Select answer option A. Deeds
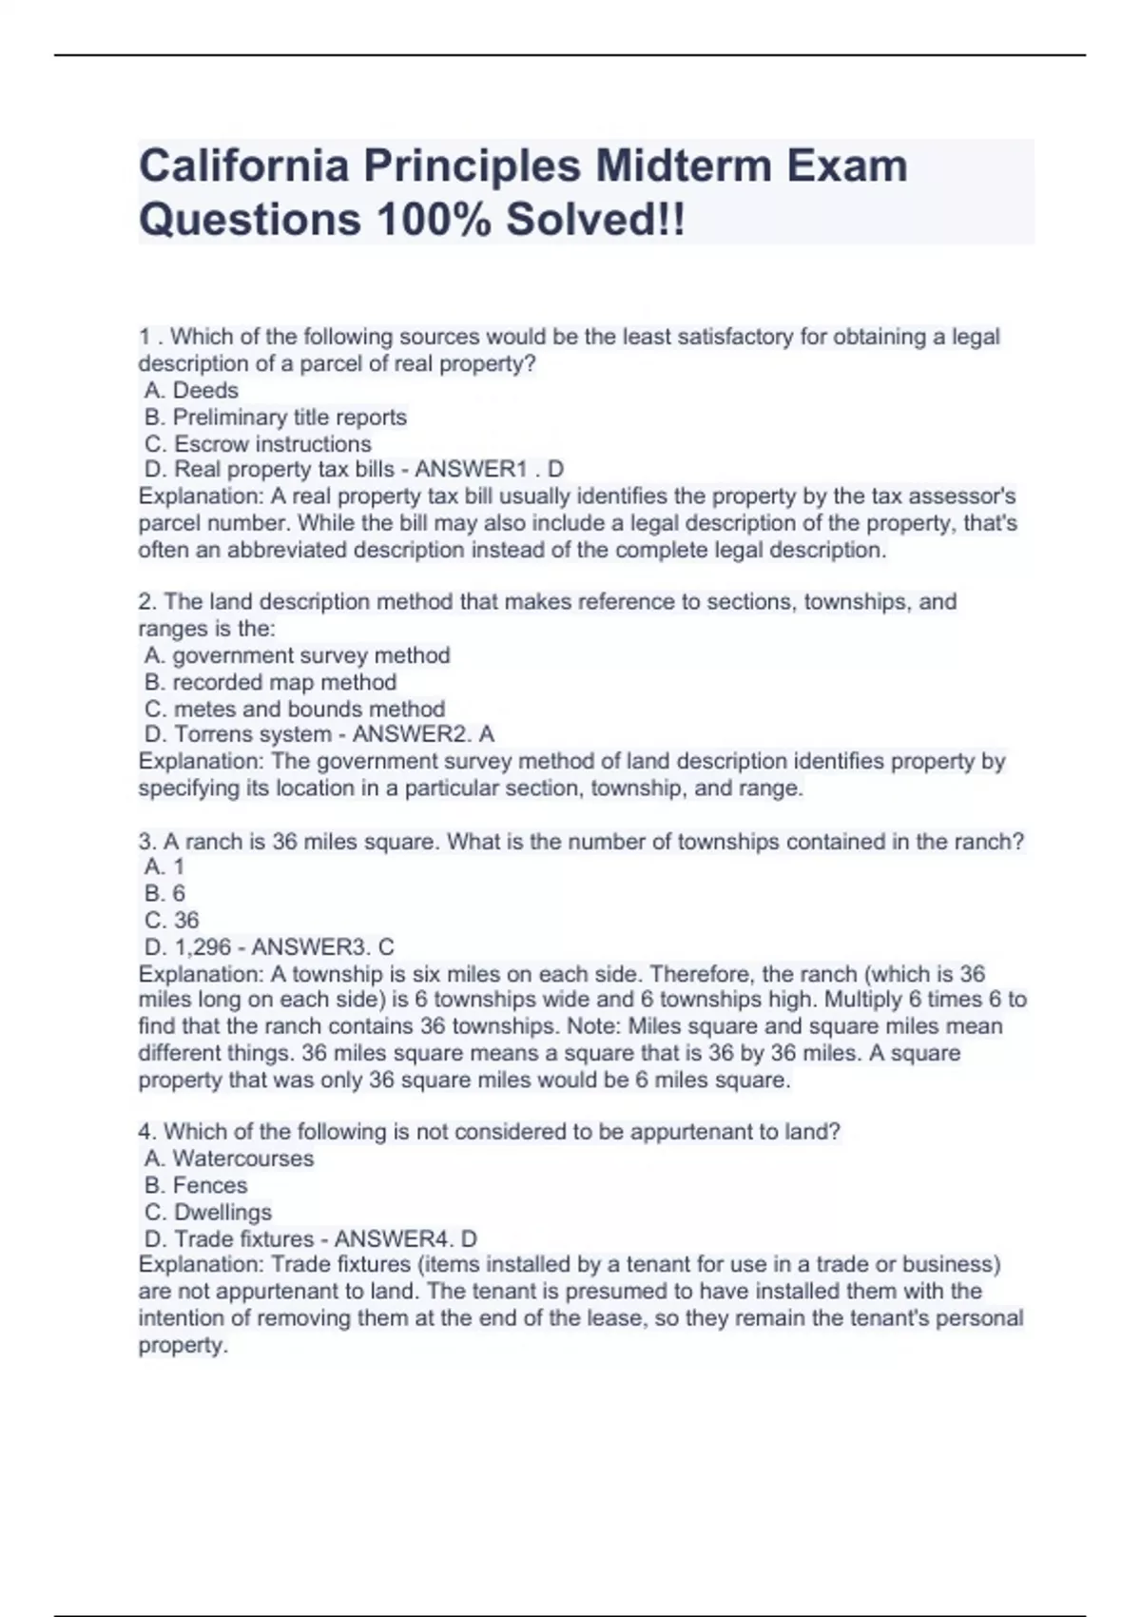pos(191,390)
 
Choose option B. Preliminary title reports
pos(276,417)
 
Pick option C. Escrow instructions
pos(258,443)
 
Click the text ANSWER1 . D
pos(489,469)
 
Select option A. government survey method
pos(297,655)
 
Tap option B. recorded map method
pos(270,682)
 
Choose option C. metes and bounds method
pos(295,709)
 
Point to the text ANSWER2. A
pos(423,734)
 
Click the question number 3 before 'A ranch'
pos(145,842)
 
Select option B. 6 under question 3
pos(164,893)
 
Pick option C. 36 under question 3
pos(172,920)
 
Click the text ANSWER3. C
pos(322,946)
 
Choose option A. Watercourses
pos(229,1159)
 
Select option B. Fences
pos(196,1185)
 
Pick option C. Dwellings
pos(208,1212)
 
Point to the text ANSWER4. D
pos(406,1238)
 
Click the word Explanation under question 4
pos(200,1264)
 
